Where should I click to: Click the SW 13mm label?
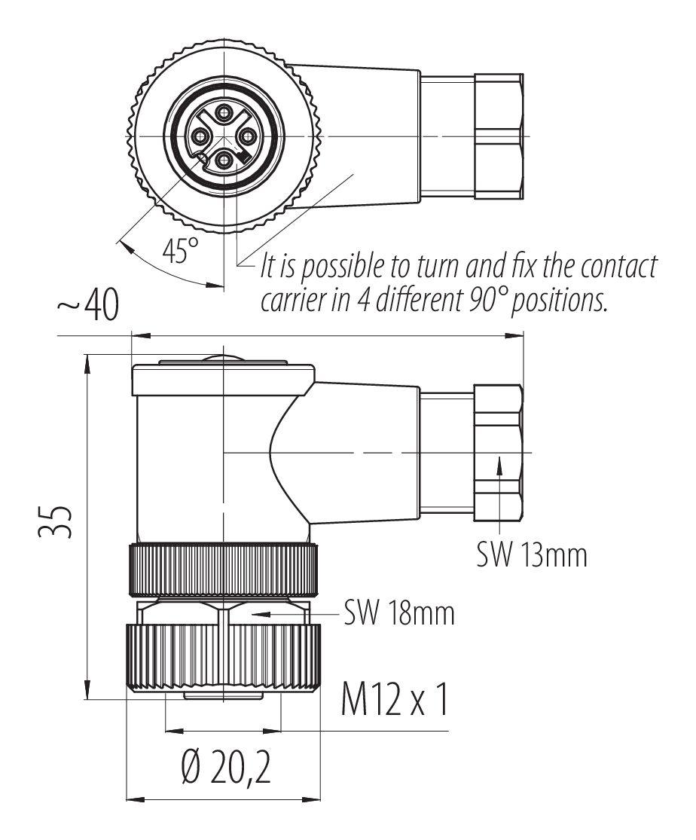pos(531,556)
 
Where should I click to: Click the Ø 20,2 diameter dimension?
pos(226,769)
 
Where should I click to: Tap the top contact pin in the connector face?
pos(223,113)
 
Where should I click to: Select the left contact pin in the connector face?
pos(200,136)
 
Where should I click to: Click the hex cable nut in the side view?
pos(498,452)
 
